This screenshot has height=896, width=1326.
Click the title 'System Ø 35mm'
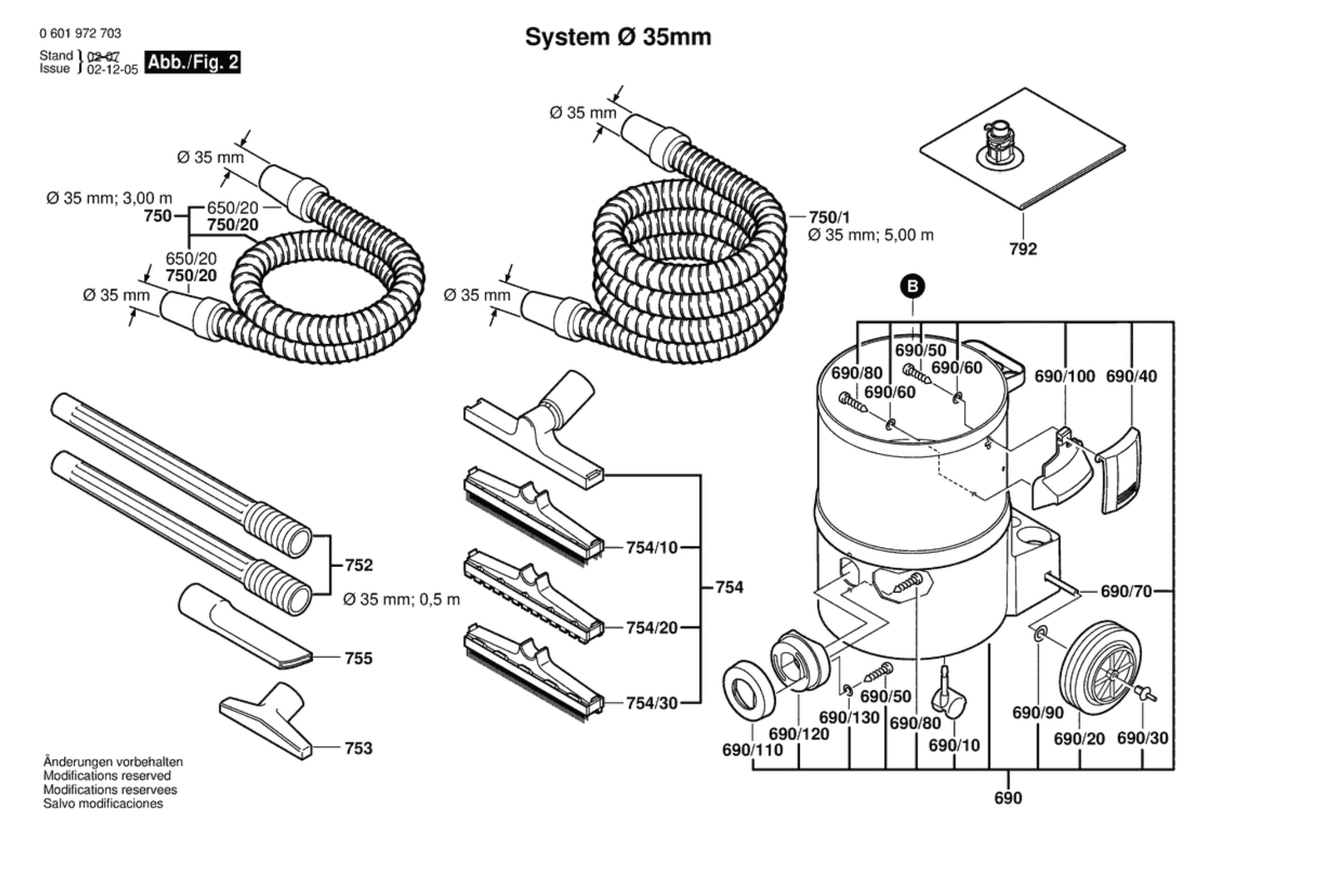[617, 37]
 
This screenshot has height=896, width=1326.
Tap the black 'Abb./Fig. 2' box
[194, 63]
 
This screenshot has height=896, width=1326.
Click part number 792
[1023, 249]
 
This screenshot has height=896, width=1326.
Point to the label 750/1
[829, 217]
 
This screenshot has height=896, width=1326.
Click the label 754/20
[651, 628]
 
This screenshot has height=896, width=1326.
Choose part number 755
[358, 658]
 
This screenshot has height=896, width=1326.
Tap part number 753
[358, 748]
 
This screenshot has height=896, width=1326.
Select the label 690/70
[1126, 591]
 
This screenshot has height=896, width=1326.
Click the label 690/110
[752, 750]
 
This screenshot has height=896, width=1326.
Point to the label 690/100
[1064, 376]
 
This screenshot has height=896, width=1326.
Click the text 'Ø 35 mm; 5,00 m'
[870, 236]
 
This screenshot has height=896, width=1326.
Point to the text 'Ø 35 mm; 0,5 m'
[401, 600]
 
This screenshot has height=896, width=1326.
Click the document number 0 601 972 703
[80, 33]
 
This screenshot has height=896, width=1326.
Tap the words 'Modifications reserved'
[107, 775]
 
